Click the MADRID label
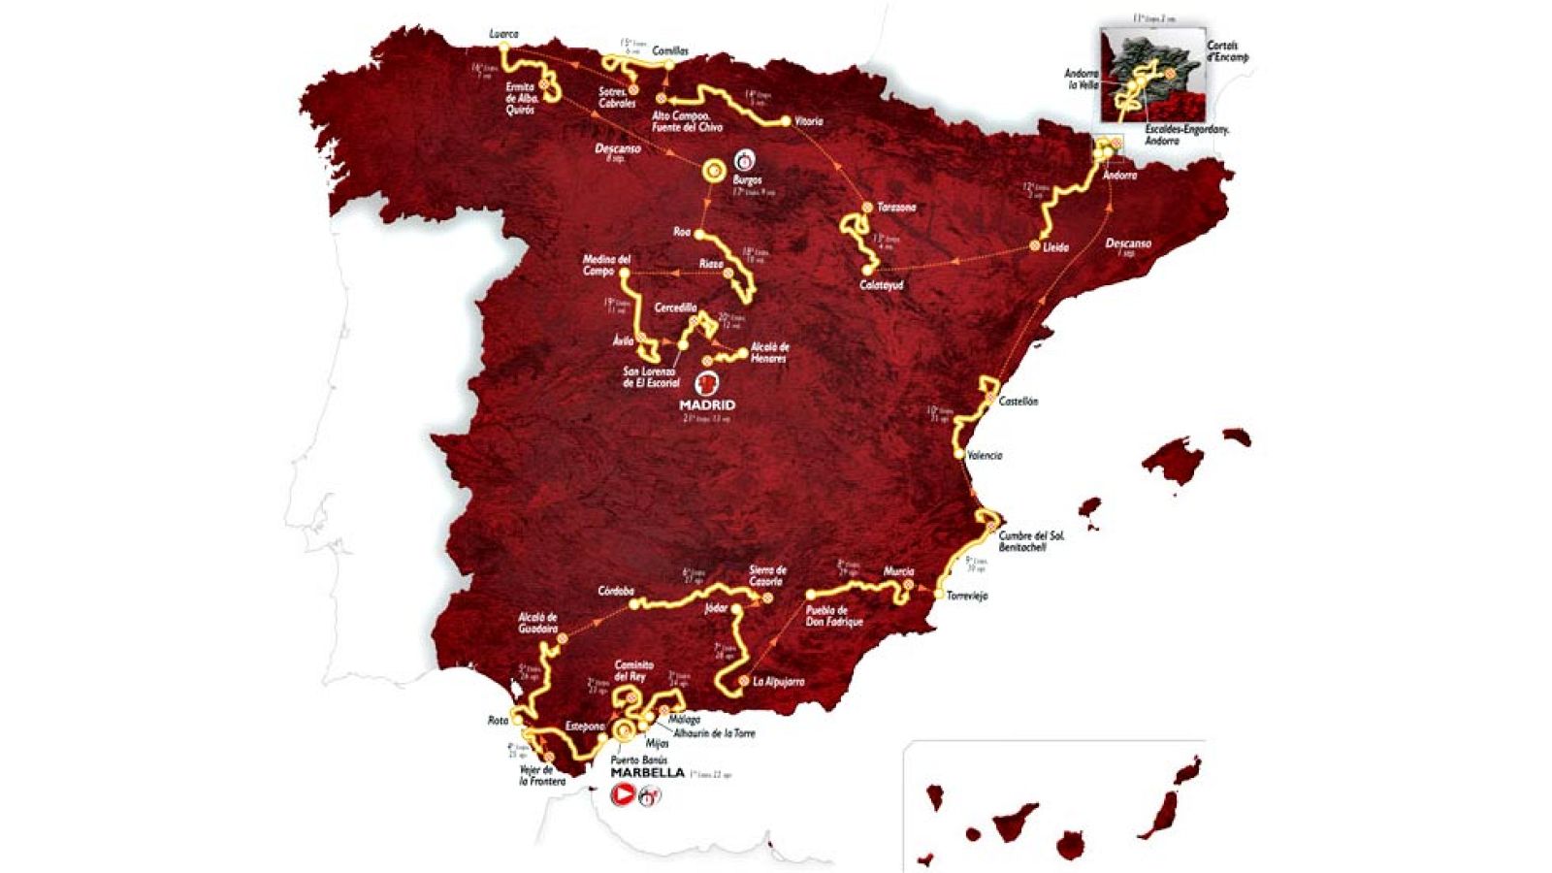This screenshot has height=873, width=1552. tap(707, 404)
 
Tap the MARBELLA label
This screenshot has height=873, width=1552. tap(647, 773)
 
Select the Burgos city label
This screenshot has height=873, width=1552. tap(748, 180)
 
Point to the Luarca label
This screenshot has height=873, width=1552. tap(503, 34)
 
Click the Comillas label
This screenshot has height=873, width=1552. tap(670, 50)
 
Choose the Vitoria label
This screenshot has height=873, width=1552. tap(808, 121)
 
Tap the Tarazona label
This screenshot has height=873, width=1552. tap(895, 208)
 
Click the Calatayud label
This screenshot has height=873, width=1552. tap(881, 285)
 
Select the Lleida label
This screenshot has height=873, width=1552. tap(1055, 247)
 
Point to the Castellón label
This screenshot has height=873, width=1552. tap(1018, 401)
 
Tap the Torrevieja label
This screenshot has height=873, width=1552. tap(966, 597)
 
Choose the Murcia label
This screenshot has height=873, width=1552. tap(898, 572)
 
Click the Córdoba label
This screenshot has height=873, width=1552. tap(616, 591)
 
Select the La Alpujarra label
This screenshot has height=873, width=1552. tap(779, 682)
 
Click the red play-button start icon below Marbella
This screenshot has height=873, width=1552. tap(622, 795)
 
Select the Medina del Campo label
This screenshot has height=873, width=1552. tap(607, 265)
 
